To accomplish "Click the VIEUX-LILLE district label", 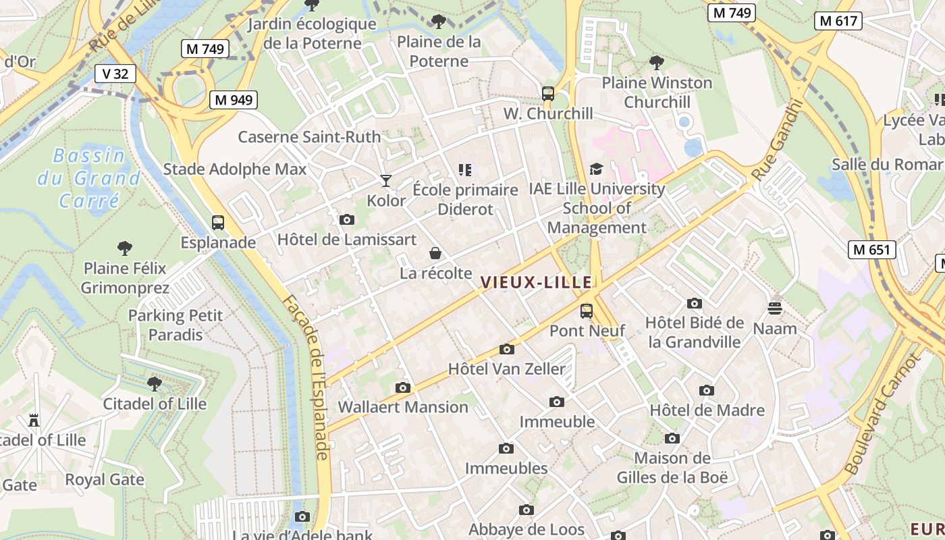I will (x=536, y=282).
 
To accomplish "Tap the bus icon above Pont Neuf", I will (x=587, y=311).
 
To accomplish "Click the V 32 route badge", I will (x=115, y=73).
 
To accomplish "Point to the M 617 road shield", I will (x=838, y=21).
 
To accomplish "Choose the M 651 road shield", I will (x=871, y=249).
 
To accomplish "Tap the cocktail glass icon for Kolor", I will (x=385, y=181).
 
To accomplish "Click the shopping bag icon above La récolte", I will (x=435, y=254).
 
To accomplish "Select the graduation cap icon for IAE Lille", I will (x=596, y=169).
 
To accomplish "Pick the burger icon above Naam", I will (x=774, y=308).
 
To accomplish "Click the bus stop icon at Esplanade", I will (x=217, y=223).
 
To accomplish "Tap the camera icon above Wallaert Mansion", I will (x=403, y=387).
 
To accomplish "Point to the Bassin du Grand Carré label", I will (x=89, y=178).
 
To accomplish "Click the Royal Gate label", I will (x=105, y=479).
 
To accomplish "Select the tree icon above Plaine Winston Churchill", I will (x=656, y=63).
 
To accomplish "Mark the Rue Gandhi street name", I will (x=778, y=140).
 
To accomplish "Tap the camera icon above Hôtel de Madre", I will (x=707, y=391).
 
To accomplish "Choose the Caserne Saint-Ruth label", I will (x=309, y=136).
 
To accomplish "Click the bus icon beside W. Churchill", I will (x=547, y=94).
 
